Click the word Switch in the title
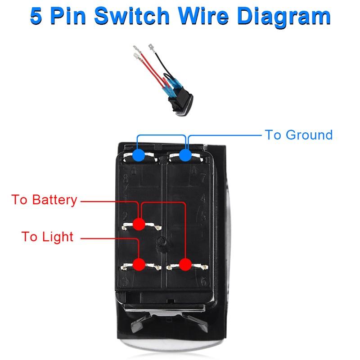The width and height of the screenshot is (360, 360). point(132,16)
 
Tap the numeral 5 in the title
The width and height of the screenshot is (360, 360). point(36,16)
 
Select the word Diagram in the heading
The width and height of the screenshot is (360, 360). point(284,17)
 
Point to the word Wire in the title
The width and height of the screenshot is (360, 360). point(203,16)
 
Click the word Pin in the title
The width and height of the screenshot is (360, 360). point(68,16)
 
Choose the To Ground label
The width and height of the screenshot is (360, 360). point(299,135)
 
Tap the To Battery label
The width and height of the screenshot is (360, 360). point(44,200)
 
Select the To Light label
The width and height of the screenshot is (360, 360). point(47,237)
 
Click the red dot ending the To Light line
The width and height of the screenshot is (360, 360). point(139,264)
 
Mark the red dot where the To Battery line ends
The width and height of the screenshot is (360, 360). point(139,224)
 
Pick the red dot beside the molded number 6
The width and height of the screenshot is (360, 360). point(185,264)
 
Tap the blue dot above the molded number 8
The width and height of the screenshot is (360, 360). point(139,155)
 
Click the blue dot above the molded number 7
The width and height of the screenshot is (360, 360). point(185,155)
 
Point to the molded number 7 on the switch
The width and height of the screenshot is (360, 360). point(203,178)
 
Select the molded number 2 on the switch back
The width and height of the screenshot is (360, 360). point(125,216)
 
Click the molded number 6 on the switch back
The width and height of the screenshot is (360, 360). point(203,281)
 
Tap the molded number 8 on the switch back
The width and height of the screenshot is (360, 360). point(126,178)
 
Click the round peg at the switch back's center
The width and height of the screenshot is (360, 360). point(162,241)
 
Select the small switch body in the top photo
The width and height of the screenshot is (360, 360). point(181,101)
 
